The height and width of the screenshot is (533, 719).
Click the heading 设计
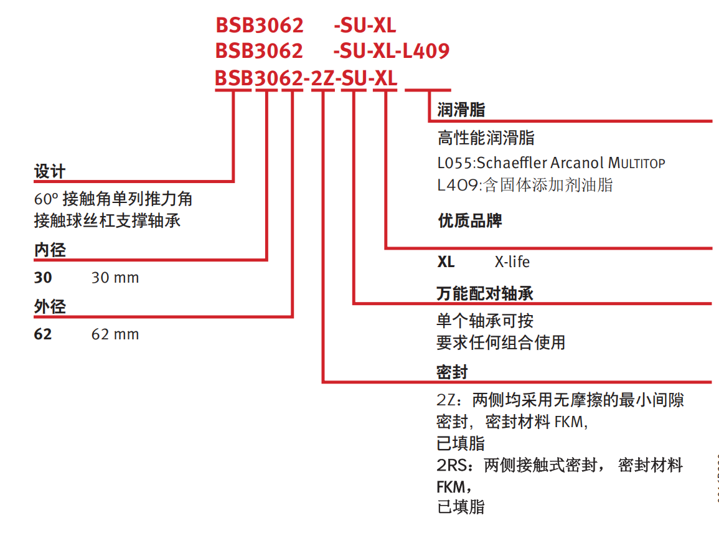50,172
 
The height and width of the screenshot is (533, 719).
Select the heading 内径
50,250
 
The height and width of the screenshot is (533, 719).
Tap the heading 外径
50,306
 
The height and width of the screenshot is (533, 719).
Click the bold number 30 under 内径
43,278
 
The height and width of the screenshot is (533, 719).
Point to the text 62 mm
115,334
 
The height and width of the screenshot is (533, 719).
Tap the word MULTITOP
636,163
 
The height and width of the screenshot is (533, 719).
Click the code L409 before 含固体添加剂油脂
458,185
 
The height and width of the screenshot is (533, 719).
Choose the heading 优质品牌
470,220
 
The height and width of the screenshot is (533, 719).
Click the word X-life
512,262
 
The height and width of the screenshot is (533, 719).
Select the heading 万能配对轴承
485,293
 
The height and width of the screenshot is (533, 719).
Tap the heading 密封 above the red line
452,372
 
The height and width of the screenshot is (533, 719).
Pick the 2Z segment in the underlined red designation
323,78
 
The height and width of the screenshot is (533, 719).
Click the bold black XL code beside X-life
446,262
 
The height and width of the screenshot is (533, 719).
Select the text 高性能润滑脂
486,138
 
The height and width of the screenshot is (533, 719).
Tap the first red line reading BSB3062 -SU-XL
306,26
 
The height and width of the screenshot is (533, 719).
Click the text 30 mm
115,278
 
